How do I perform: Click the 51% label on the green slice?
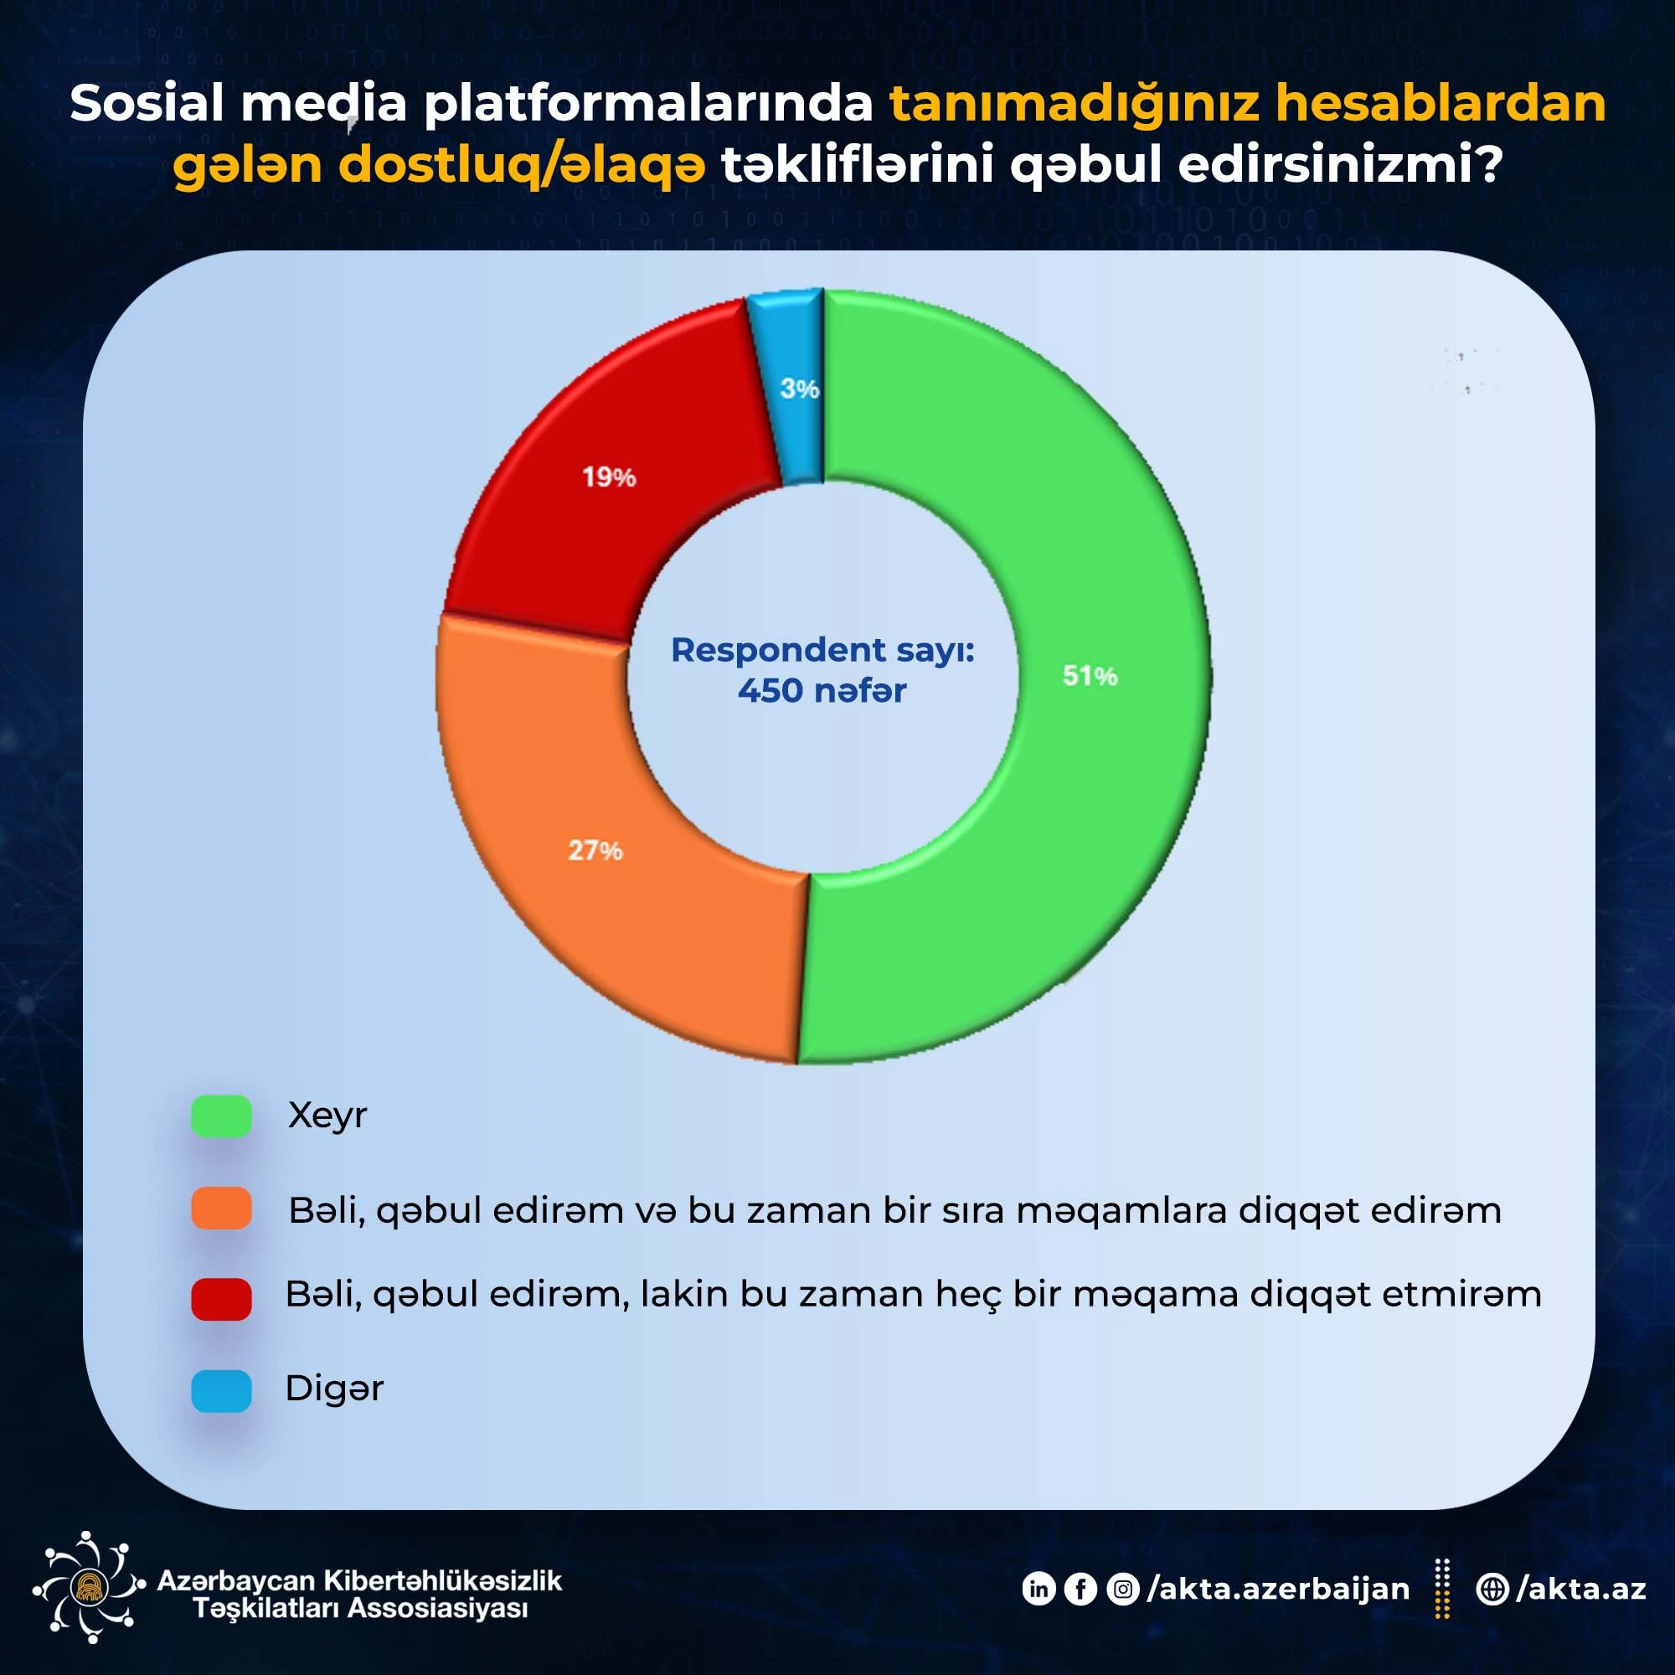tap(1090, 675)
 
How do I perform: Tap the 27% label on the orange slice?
tap(595, 851)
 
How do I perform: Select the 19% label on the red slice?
tap(609, 477)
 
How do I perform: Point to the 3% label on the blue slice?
tap(798, 389)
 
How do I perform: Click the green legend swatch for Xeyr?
tap(221, 1116)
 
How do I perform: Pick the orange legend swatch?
tap(221, 1209)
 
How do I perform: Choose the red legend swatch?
tap(221, 1299)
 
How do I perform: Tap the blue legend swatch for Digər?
tap(221, 1390)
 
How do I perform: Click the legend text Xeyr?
tap(327, 1116)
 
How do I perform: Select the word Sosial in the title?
tap(147, 103)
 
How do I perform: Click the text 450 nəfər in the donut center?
tap(822, 691)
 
